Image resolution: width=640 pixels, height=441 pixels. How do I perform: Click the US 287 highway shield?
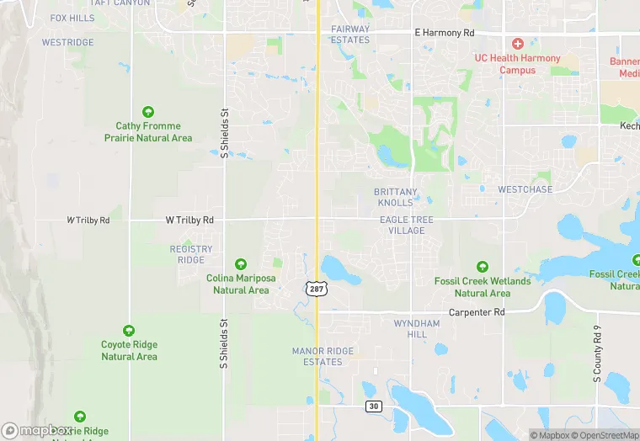[x=317, y=289]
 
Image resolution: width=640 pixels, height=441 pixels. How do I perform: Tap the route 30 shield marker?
[x=373, y=406]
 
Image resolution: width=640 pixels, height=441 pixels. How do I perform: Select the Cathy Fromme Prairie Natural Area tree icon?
[x=148, y=112]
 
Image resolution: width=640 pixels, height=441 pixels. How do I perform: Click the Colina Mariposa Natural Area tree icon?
[x=241, y=265]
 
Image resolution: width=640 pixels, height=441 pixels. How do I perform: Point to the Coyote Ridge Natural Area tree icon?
[x=129, y=331]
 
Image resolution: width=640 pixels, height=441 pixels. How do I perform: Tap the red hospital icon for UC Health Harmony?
[x=518, y=43]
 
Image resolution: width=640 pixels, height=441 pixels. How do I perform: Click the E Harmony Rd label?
[x=445, y=33]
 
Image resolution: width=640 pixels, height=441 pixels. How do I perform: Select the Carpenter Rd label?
[x=476, y=312]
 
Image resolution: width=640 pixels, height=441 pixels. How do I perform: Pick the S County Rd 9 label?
[x=596, y=353]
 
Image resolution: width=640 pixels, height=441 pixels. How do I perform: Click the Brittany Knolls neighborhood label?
[x=396, y=197]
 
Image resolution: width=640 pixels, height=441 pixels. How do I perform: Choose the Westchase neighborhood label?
[x=525, y=189]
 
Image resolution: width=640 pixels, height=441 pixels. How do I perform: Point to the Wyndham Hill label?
[x=417, y=328]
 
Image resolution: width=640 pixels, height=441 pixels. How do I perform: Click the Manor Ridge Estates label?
[x=317, y=356]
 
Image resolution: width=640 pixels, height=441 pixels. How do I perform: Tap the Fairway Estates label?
[x=350, y=35]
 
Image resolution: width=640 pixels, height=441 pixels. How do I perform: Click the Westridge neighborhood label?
[x=68, y=42]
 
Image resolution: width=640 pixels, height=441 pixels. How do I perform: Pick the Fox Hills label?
[x=72, y=18]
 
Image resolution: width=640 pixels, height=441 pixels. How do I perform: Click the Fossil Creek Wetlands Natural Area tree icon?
[x=483, y=267]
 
